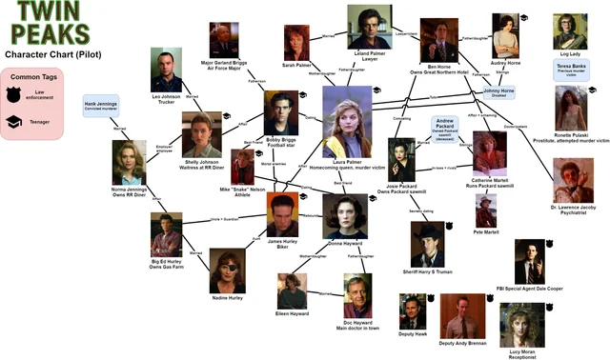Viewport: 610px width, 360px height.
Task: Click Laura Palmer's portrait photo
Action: (x=347, y=122)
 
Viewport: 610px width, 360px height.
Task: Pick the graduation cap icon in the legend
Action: (x=16, y=122)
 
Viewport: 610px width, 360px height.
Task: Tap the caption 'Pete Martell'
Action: (x=486, y=231)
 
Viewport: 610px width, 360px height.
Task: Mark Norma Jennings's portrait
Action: (x=129, y=162)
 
